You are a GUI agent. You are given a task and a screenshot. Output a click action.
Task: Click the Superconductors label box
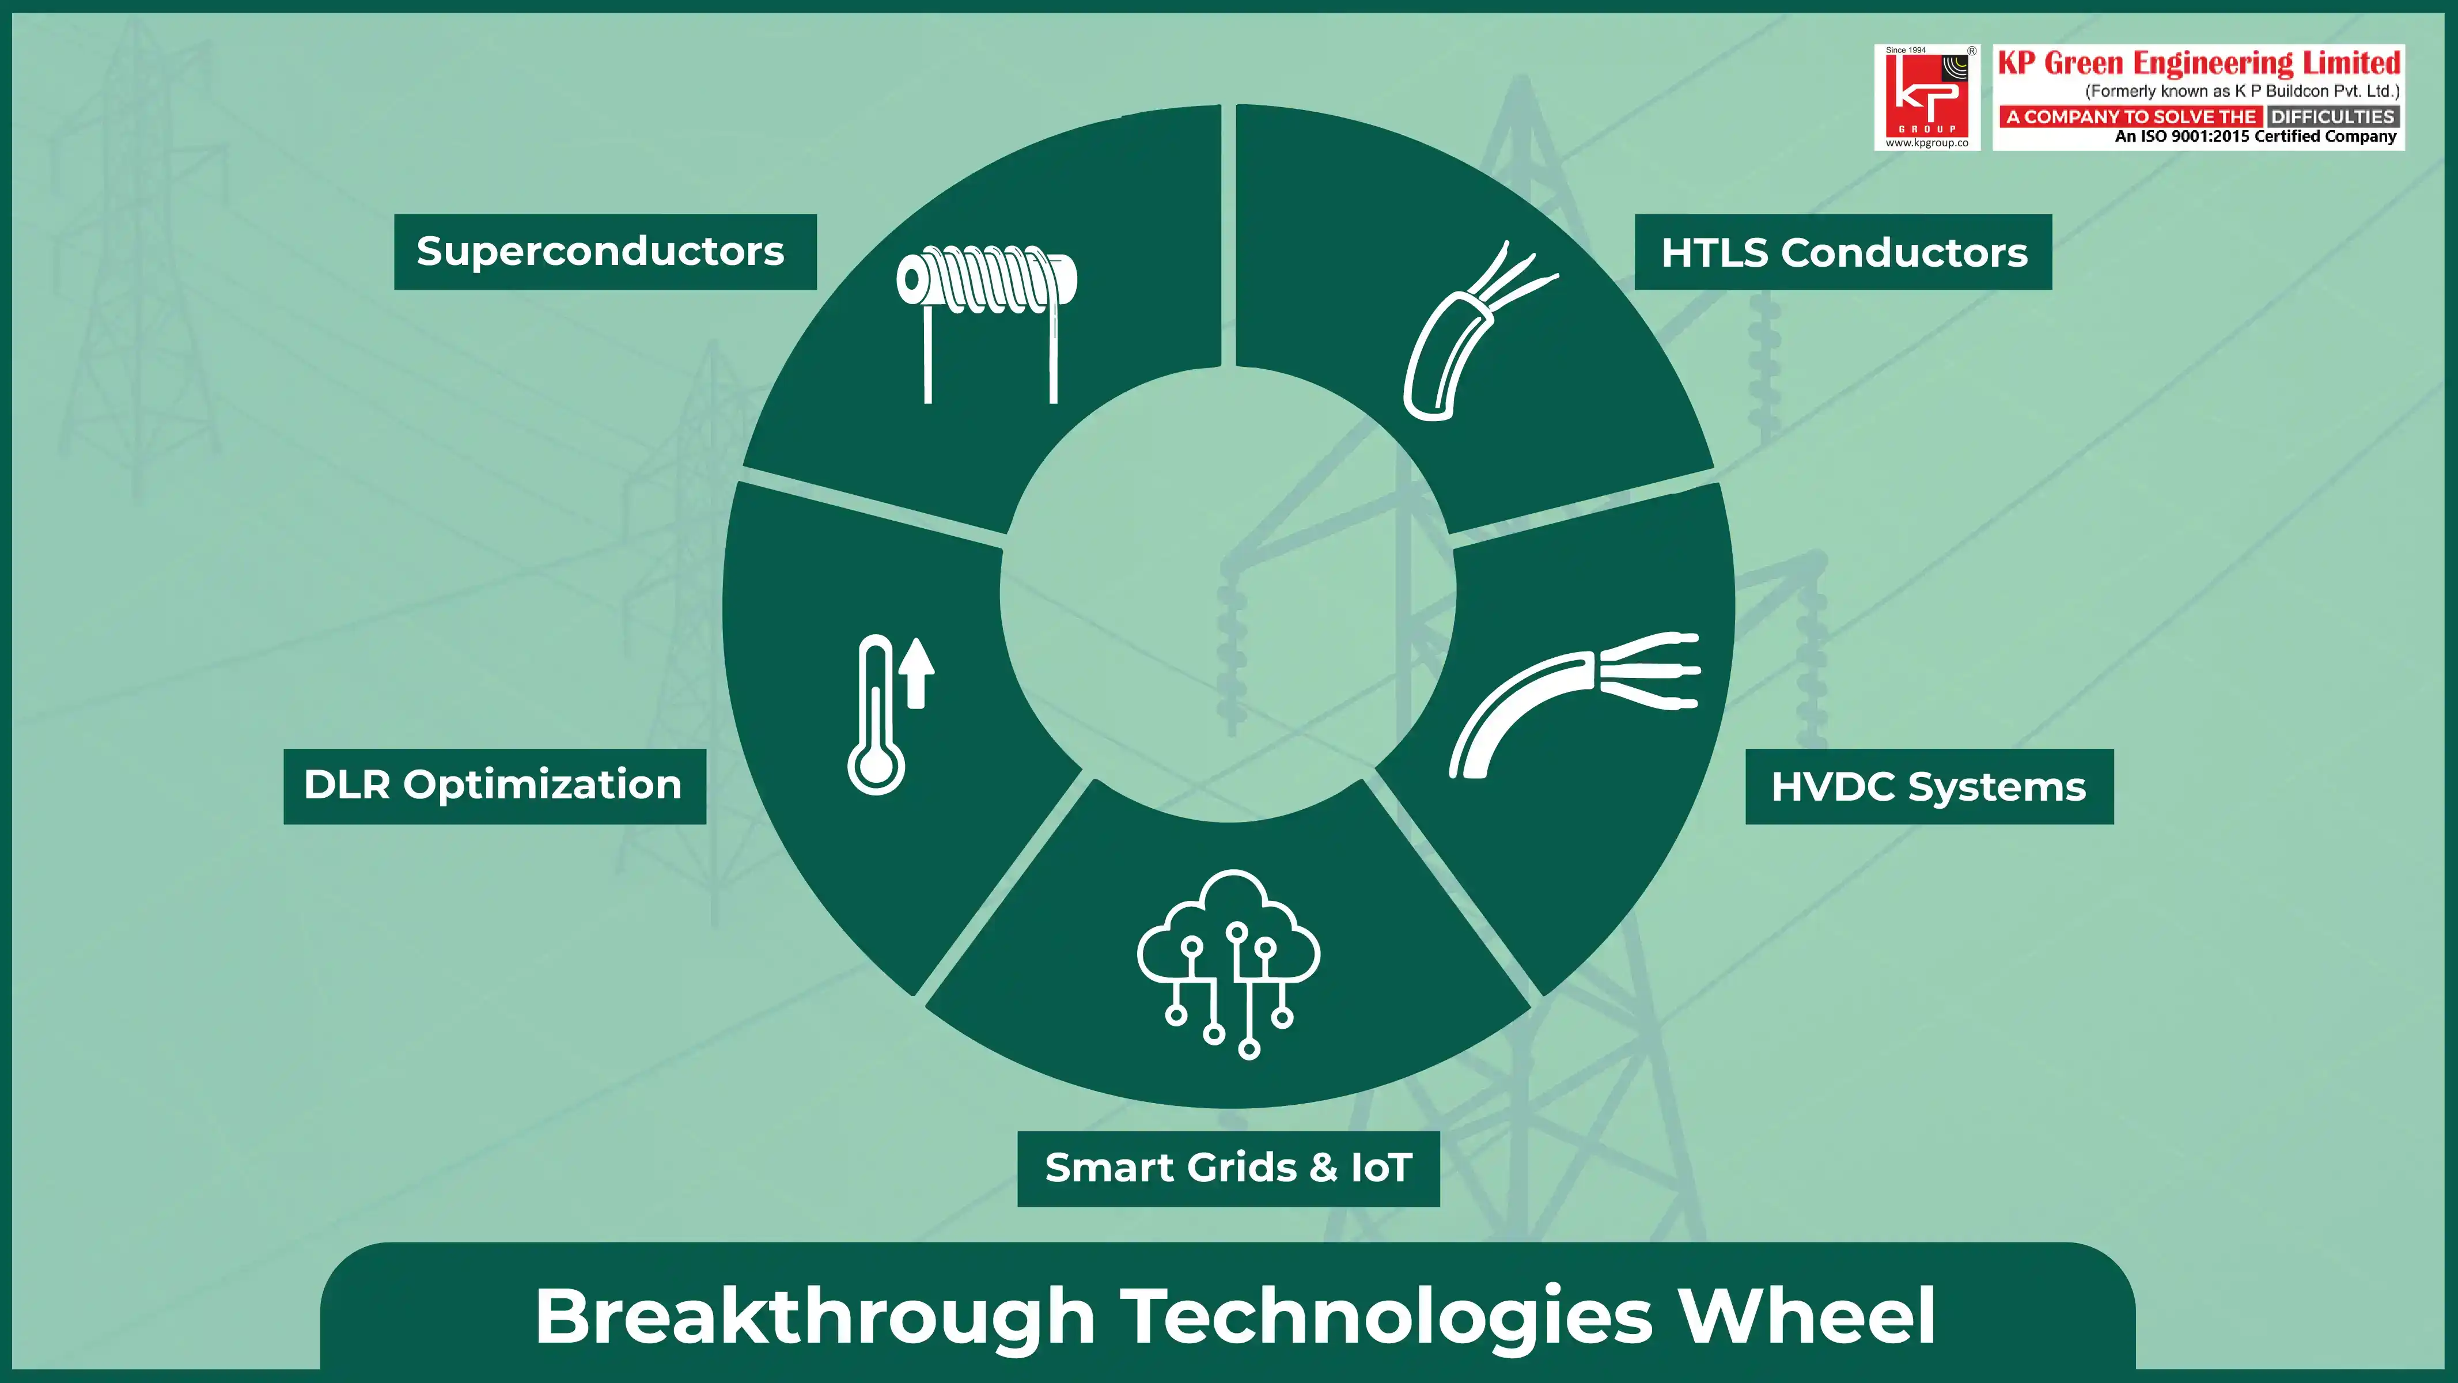tap(605, 252)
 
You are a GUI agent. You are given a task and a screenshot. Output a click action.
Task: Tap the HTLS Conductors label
tap(1843, 252)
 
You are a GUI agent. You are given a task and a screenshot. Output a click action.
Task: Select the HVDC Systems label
tap(1929, 786)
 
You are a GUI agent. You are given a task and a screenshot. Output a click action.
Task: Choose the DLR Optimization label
tap(494, 786)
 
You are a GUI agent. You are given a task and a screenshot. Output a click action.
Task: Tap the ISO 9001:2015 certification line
tap(2255, 137)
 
